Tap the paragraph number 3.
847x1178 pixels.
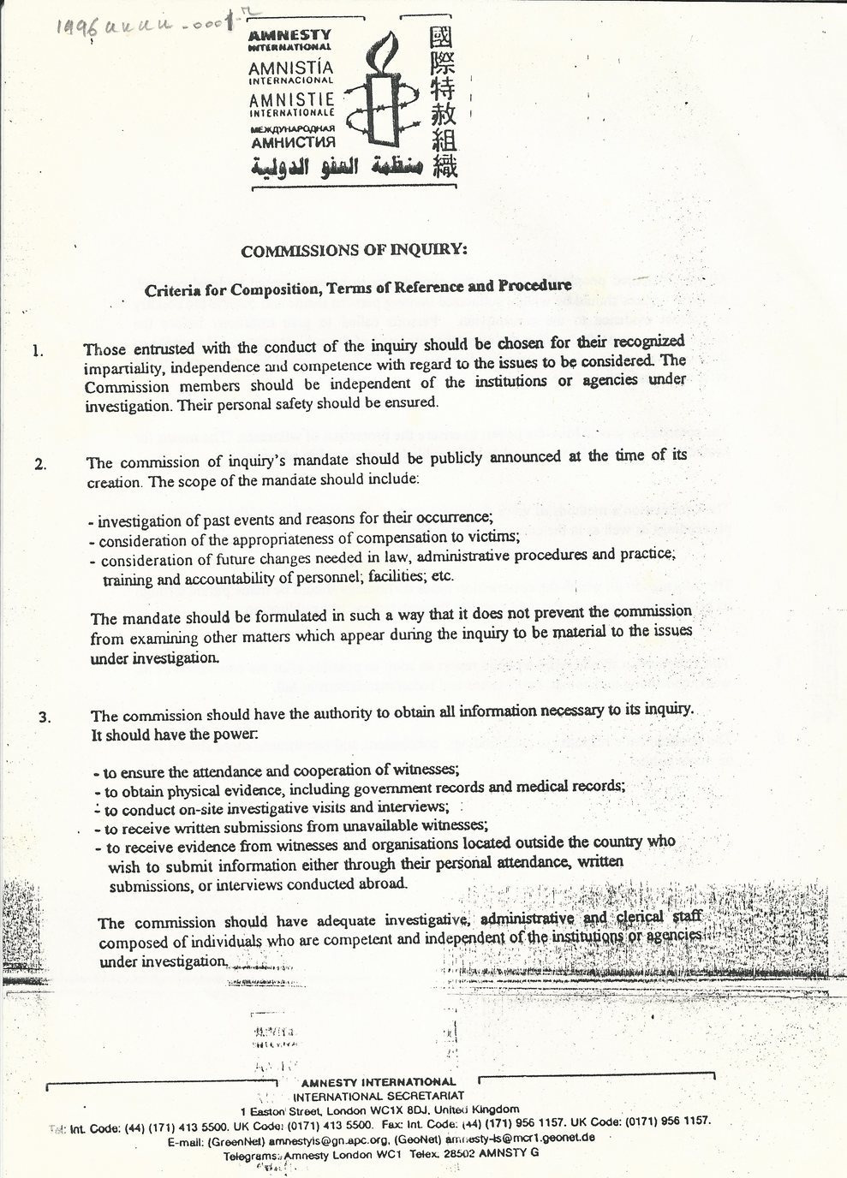[x=44, y=719]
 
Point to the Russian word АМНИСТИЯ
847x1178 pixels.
[x=291, y=143]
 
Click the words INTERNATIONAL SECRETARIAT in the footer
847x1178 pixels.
[x=378, y=1096]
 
